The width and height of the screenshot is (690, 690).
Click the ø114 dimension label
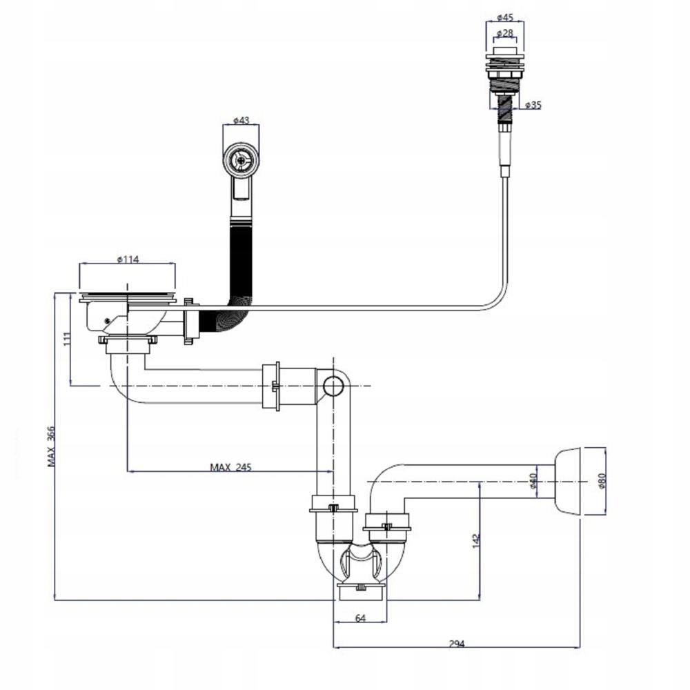(x=128, y=259)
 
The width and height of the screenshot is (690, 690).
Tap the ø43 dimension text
(x=240, y=120)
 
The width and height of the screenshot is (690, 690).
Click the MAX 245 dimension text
(x=231, y=467)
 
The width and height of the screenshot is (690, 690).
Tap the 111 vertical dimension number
(x=66, y=339)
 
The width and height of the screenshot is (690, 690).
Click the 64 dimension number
(x=359, y=618)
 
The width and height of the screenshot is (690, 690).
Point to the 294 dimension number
(x=457, y=644)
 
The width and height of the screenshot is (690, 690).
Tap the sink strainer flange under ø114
(x=128, y=297)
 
